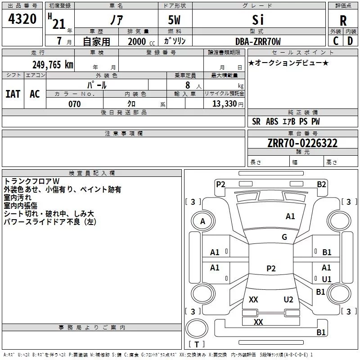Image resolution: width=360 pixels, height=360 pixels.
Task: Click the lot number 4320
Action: click(22, 19)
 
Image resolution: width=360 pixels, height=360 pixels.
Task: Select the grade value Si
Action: click(257, 20)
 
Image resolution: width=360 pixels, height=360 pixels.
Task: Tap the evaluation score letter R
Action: click(343, 21)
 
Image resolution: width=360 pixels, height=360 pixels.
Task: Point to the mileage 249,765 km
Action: click(53, 65)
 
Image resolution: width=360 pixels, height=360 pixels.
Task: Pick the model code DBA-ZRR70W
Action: click(258, 42)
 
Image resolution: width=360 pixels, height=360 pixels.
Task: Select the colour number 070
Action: click(75, 104)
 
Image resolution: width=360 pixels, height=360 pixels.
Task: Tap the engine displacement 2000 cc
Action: click(137, 42)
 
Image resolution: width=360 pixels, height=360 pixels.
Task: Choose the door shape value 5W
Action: click(175, 21)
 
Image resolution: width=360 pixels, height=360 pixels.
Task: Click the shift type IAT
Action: click(13, 94)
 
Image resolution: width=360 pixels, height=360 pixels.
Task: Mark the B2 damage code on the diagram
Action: click(321, 184)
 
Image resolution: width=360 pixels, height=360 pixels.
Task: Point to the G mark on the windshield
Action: click(284, 237)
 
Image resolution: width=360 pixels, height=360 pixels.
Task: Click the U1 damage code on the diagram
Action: click(327, 279)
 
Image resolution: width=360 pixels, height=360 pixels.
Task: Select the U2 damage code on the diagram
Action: click(288, 300)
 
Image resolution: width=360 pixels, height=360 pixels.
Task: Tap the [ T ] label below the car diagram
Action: click(197, 344)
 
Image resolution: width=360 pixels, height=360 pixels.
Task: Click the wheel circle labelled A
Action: click(202, 221)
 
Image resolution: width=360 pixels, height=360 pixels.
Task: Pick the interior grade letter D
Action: click(350, 41)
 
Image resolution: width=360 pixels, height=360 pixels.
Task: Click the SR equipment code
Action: click(256, 121)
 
